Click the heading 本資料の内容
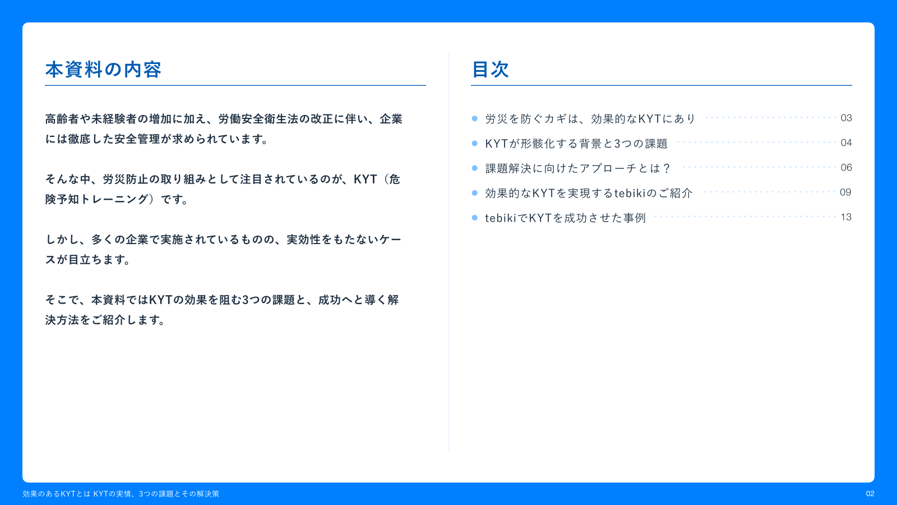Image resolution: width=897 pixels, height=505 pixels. coord(103,70)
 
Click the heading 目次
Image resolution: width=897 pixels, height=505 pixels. coord(490,70)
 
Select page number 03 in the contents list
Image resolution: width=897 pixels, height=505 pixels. coord(846,118)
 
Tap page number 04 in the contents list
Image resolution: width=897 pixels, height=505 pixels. coord(846,143)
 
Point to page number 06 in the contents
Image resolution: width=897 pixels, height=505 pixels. coord(846,167)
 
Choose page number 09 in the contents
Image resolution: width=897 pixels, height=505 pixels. coord(845,192)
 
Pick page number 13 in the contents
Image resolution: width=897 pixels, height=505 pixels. coord(846,217)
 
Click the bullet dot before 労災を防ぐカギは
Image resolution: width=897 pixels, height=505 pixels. coord(475,118)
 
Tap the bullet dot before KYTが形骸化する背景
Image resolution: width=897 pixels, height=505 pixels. coord(475,143)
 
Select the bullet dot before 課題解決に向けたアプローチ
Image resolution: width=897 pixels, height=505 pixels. coord(475,168)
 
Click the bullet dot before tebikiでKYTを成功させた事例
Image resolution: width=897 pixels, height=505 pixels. coord(475,218)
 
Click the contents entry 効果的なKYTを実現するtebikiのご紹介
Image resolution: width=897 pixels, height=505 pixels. coord(589,193)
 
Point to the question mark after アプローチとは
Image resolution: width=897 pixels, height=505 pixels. coord(666,168)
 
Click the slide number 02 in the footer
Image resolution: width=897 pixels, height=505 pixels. coord(870,494)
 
